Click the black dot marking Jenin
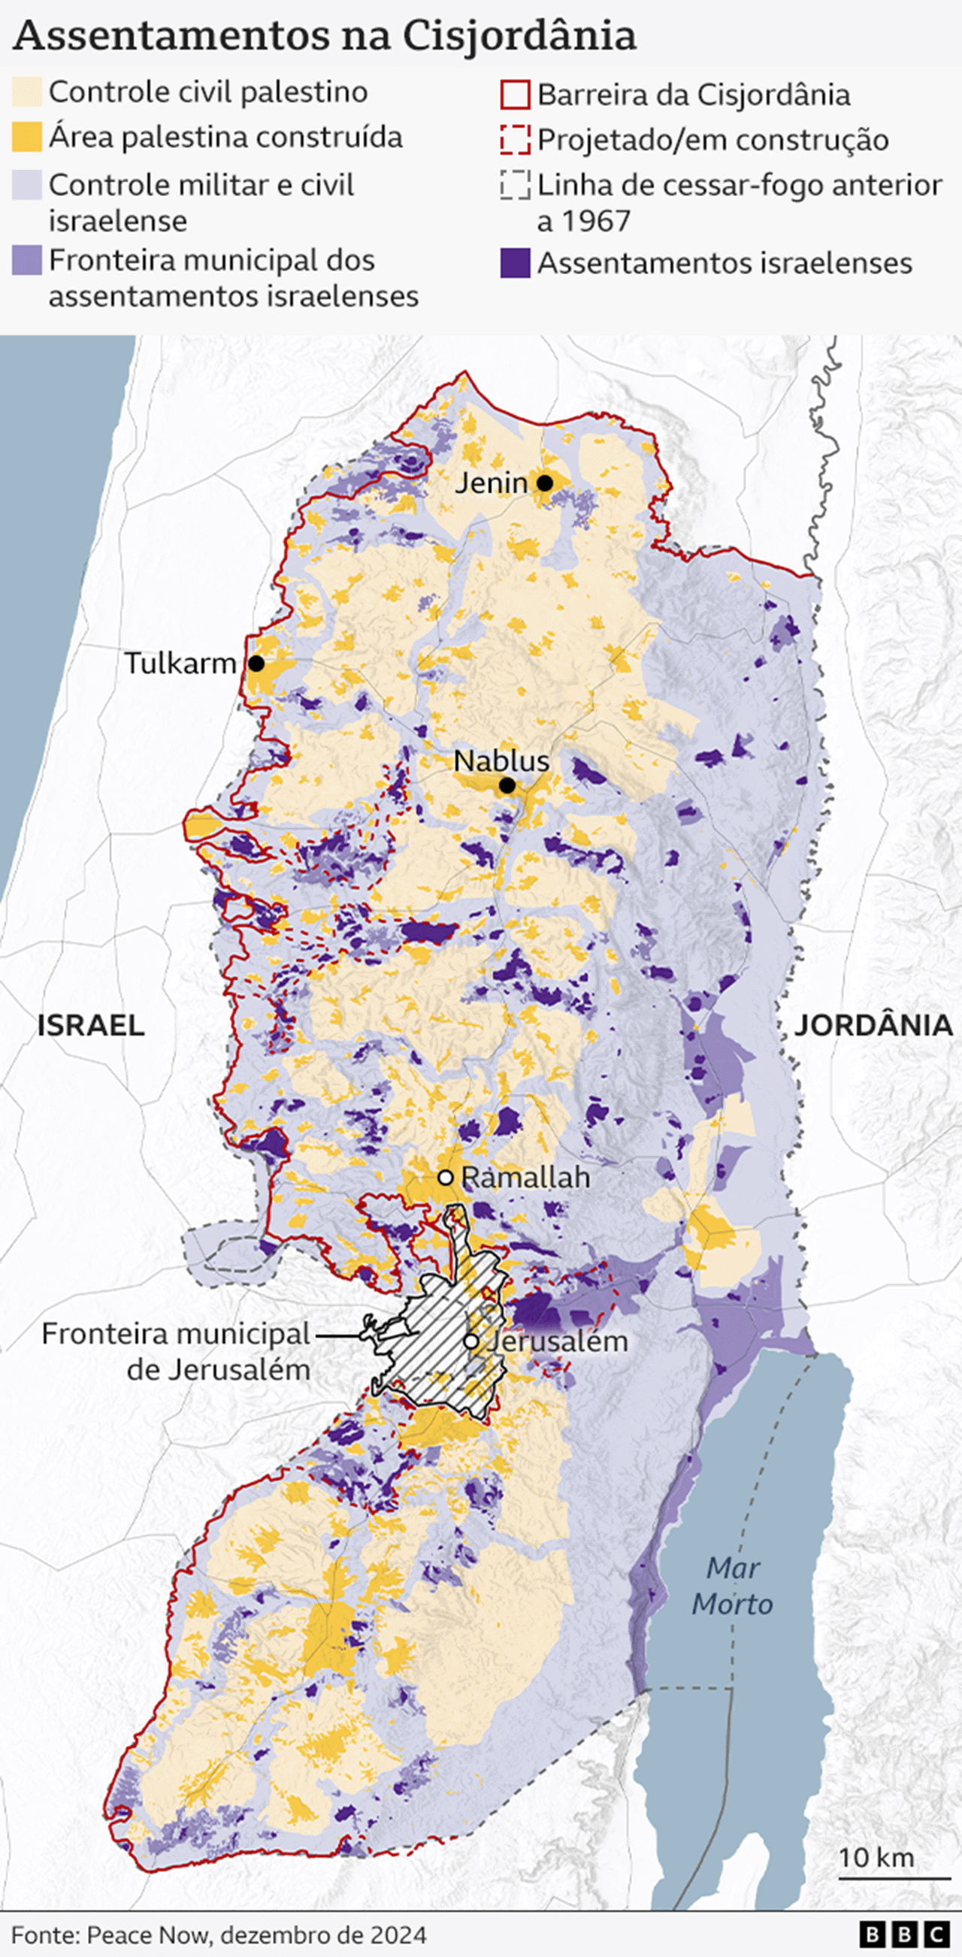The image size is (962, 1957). click(x=544, y=482)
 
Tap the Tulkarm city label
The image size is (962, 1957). click(x=181, y=663)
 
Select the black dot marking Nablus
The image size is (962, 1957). click(x=507, y=785)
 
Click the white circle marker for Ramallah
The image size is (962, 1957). click(x=446, y=1178)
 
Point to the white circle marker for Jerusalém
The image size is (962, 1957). click(x=471, y=1341)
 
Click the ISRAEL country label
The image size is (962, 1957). click(x=90, y=1025)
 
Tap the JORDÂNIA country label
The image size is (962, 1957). click(x=873, y=1025)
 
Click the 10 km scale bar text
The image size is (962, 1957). click(x=876, y=1857)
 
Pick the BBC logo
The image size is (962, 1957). click(x=905, y=1934)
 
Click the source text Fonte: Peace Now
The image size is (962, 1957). click(x=218, y=1934)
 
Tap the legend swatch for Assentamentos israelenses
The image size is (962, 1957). click(x=514, y=263)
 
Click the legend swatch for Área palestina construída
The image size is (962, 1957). click(x=26, y=138)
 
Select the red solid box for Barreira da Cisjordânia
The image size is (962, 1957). click(x=514, y=95)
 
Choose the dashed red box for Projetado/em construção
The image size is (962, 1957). click(x=514, y=140)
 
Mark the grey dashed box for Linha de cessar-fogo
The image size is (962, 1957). click(x=514, y=185)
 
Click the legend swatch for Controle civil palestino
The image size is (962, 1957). click(x=26, y=92)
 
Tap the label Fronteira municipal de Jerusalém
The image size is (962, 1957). click(x=177, y=1351)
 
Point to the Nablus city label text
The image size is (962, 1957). click(x=501, y=761)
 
